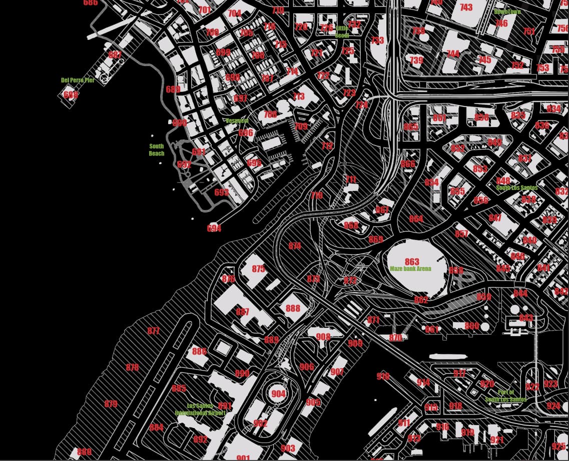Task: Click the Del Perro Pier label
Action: (x=78, y=80)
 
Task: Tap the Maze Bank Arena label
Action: (x=410, y=268)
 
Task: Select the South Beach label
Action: (x=157, y=150)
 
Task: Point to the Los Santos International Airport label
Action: (x=200, y=409)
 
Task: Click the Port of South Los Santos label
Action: (x=506, y=396)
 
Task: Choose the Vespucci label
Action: (x=237, y=121)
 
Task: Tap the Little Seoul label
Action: (x=342, y=32)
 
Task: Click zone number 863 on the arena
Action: (x=412, y=261)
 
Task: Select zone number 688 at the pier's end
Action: (x=71, y=94)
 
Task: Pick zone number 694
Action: (x=214, y=228)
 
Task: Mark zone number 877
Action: (x=154, y=331)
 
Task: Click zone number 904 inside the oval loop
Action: (x=278, y=393)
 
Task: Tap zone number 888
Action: (x=293, y=308)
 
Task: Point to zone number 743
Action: (x=466, y=7)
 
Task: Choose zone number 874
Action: (x=295, y=245)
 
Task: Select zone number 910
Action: (x=383, y=376)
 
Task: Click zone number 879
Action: (x=111, y=404)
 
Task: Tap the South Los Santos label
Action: (x=516, y=188)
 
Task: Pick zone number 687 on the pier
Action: (x=115, y=55)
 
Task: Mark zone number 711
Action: (x=351, y=179)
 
